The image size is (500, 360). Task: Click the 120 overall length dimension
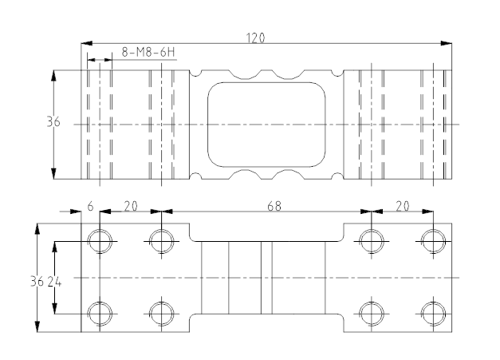(x=256, y=38)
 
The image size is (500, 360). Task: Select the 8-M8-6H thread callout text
(x=148, y=53)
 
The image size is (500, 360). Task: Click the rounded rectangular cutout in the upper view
(x=267, y=125)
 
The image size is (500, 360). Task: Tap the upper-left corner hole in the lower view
(x=100, y=240)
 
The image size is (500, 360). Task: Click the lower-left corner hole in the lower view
(x=100, y=312)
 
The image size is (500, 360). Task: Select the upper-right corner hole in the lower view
(x=433, y=240)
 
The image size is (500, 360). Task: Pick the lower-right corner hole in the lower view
(x=433, y=312)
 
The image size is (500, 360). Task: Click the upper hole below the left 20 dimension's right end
(x=162, y=240)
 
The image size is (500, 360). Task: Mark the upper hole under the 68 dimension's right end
(x=371, y=240)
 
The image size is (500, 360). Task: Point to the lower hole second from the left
(x=162, y=312)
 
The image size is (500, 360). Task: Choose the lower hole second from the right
(x=371, y=312)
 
